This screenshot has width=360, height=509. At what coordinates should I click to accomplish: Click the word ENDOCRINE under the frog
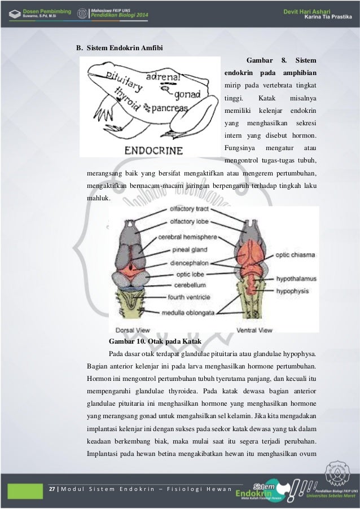(153, 151)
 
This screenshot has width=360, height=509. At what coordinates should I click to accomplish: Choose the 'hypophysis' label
(293, 291)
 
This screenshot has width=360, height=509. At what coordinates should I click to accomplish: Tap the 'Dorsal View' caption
(132, 330)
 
